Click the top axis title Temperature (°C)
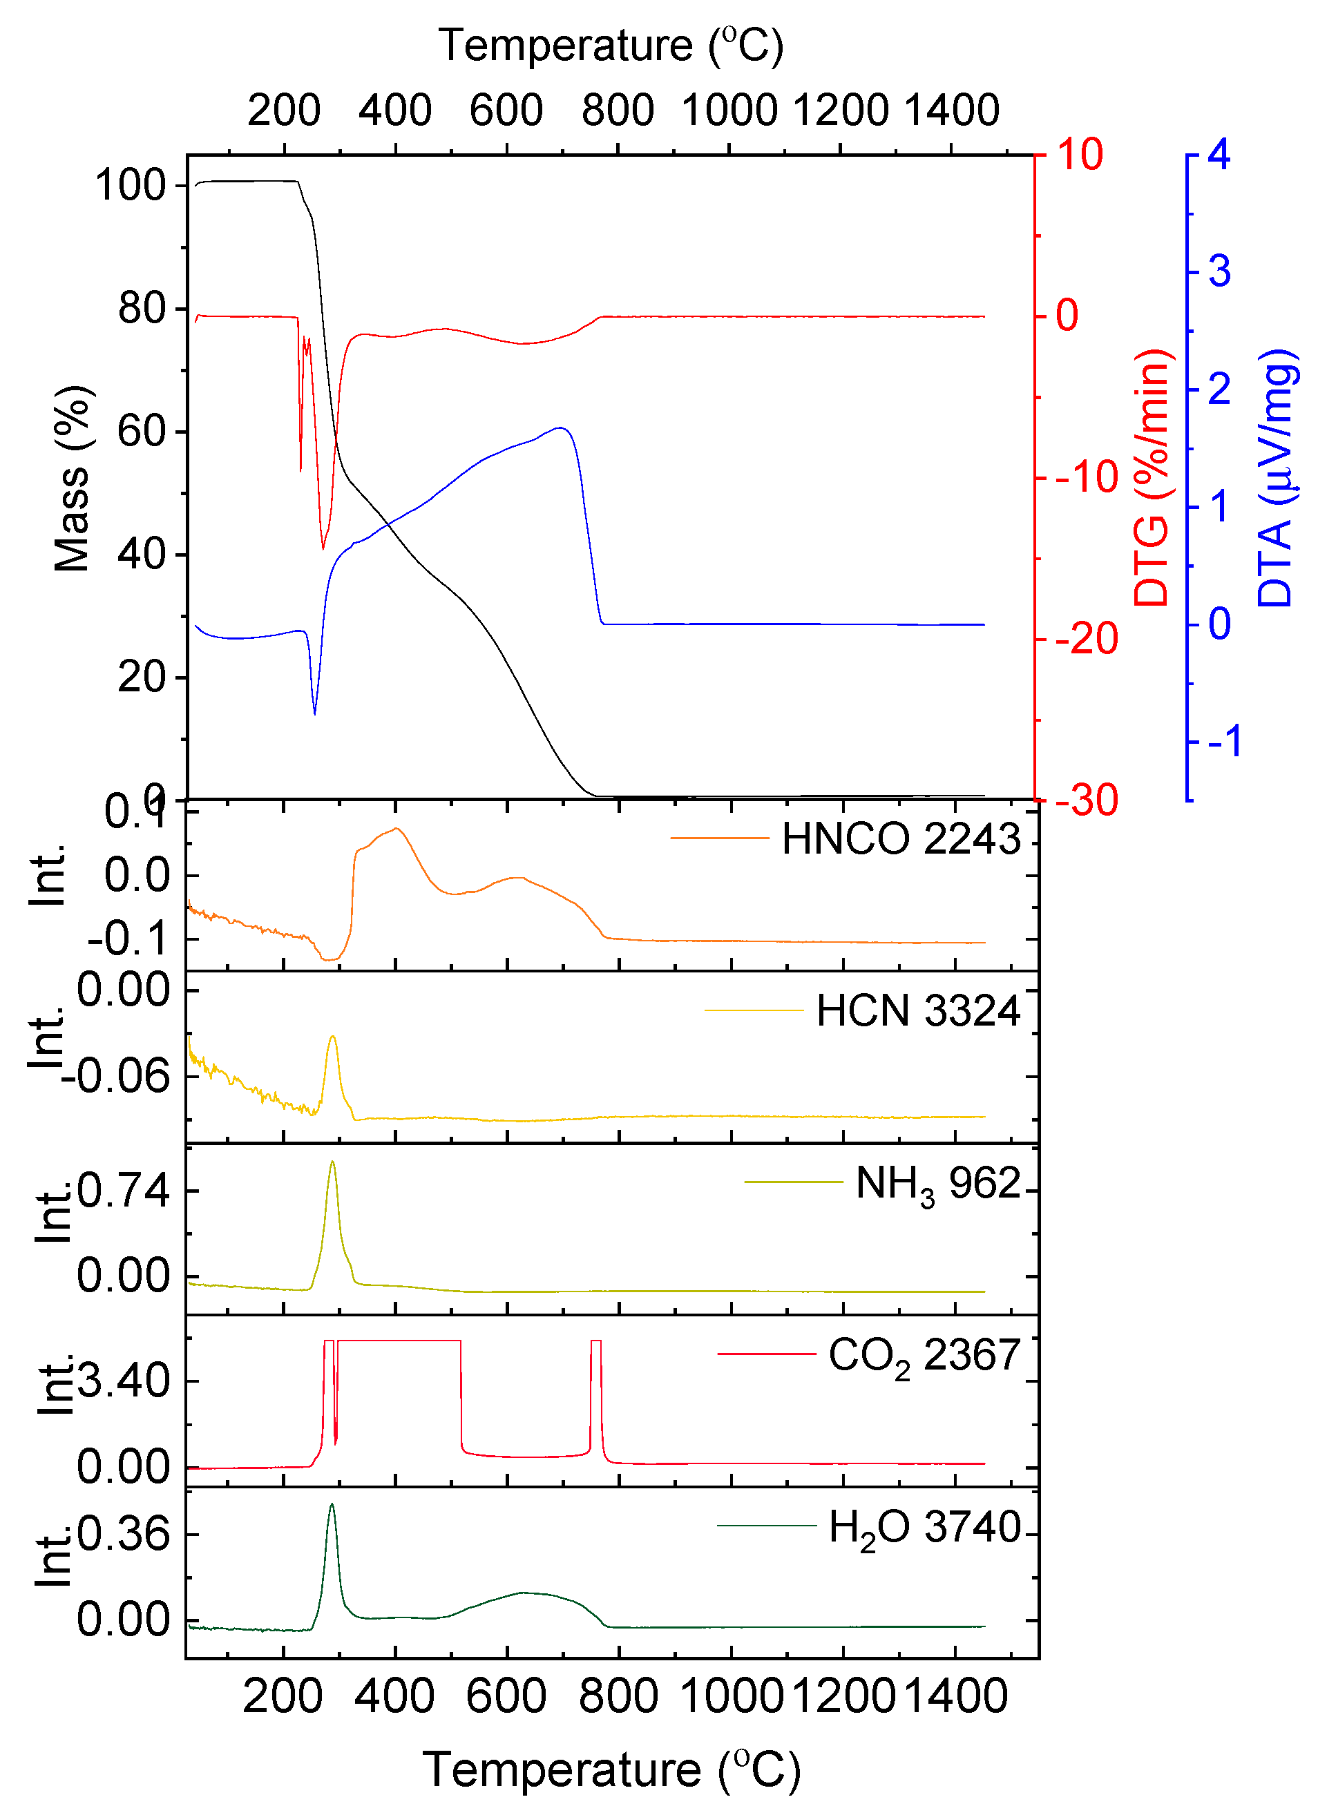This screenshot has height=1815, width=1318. click(610, 46)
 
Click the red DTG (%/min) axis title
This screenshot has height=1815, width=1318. click(1152, 478)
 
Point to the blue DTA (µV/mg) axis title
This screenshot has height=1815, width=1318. click(1274, 478)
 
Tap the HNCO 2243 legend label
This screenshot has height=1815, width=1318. click(900, 838)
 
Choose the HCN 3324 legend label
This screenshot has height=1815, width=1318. click(918, 1010)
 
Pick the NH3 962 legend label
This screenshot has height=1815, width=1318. click(938, 1184)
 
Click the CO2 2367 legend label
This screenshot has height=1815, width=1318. click(924, 1357)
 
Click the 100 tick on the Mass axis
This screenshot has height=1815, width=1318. click(131, 186)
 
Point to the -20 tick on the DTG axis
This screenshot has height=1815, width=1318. click(1087, 640)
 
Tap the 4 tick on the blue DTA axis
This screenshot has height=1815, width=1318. click(1219, 155)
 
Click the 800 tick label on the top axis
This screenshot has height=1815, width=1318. click(617, 111)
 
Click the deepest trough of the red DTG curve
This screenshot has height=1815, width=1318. click(323, 549)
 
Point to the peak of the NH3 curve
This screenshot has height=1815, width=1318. click(332, 1162)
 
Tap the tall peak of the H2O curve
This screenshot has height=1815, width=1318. click(332, 1504)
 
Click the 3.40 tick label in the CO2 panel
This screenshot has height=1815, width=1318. click(124, 1381)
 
